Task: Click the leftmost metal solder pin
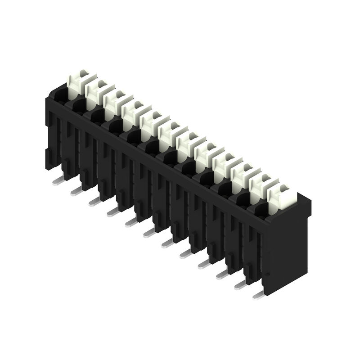pos(58,182)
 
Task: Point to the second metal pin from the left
pos(76,192)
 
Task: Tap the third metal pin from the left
pos(94,202)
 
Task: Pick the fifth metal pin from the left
pos(130,223)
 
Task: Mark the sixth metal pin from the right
pos(166,243)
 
